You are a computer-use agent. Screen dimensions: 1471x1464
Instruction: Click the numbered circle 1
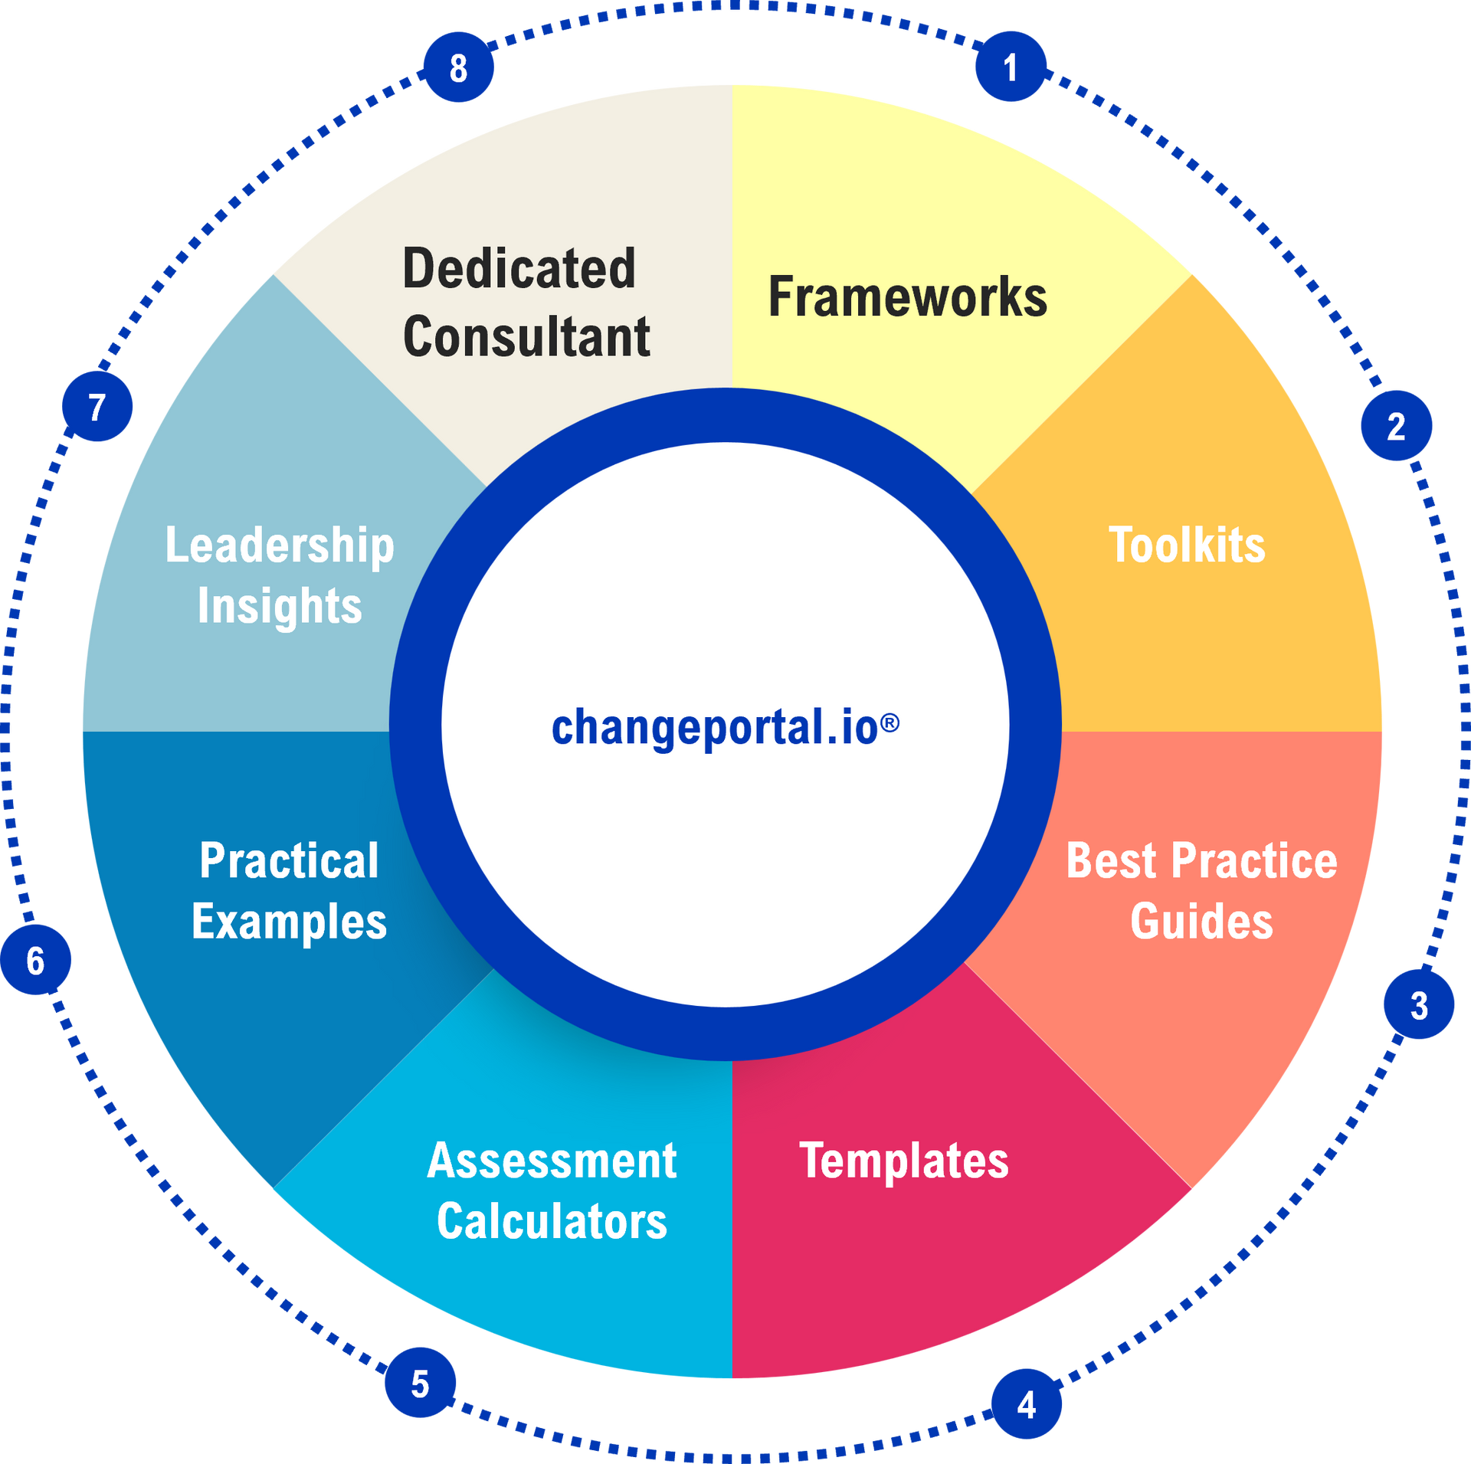point(1011,67)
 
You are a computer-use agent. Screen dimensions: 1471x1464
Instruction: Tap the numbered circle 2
point(1396,425)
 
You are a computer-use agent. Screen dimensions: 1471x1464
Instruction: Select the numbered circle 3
point(1419,1004)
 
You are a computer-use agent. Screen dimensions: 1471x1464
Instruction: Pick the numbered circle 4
point(1026,1403)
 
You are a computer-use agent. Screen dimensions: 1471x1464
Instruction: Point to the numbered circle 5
point(420,1382)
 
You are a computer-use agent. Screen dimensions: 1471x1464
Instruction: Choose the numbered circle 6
point(35,959)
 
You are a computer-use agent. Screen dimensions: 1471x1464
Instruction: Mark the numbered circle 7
point(97,406)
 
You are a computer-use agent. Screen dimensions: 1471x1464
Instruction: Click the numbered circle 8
point(458,67)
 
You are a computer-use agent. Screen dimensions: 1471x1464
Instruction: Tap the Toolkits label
point(1187,545)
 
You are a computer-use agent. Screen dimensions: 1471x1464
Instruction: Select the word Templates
point(904,1160)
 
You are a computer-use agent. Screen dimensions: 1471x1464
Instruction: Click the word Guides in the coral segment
point(1201,921)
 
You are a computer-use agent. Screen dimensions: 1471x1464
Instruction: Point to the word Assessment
point(552,1160)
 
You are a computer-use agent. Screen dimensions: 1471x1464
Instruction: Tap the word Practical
point(289,860)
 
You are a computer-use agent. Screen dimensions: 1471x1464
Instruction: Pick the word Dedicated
point(519,268)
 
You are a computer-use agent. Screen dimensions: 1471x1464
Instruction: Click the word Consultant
point(526,336)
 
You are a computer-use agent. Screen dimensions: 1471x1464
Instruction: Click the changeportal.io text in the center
point(725,727)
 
